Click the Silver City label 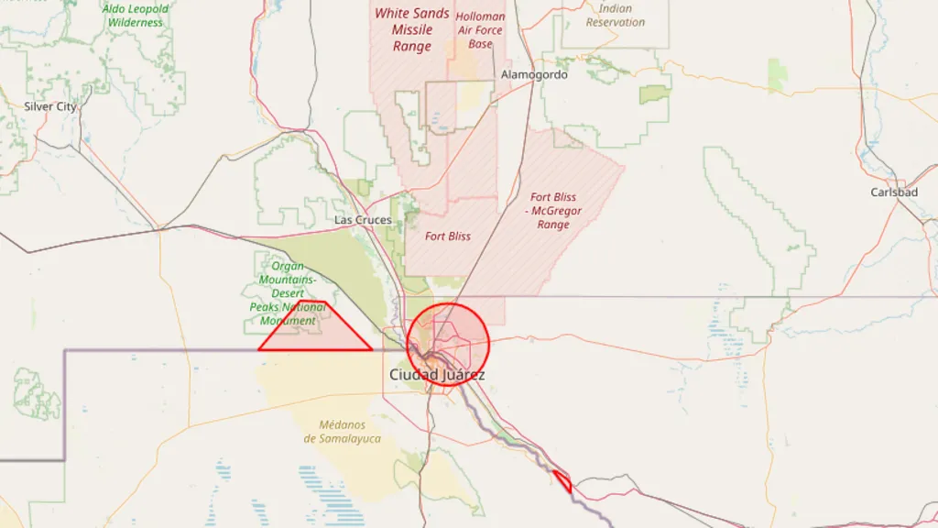tap(50, 106)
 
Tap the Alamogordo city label tap(534, 74)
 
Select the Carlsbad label tap(894, 192)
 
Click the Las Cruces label tap(363, 220)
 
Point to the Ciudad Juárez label tap(437, 375)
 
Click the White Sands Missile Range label tap(411, 29)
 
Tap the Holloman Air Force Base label tap(480, 30)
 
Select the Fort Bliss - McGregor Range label tap(553, 211)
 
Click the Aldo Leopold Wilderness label tap(135, 16)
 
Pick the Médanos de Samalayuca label tap(342, 432)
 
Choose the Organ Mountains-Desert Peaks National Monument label tap(288, 293)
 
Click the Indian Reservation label tap(615, 16)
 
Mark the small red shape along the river tap(562, 480)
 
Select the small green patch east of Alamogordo tap(654, 93)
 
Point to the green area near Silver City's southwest tap(37, 394)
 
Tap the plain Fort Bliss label tap(448, 236)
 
